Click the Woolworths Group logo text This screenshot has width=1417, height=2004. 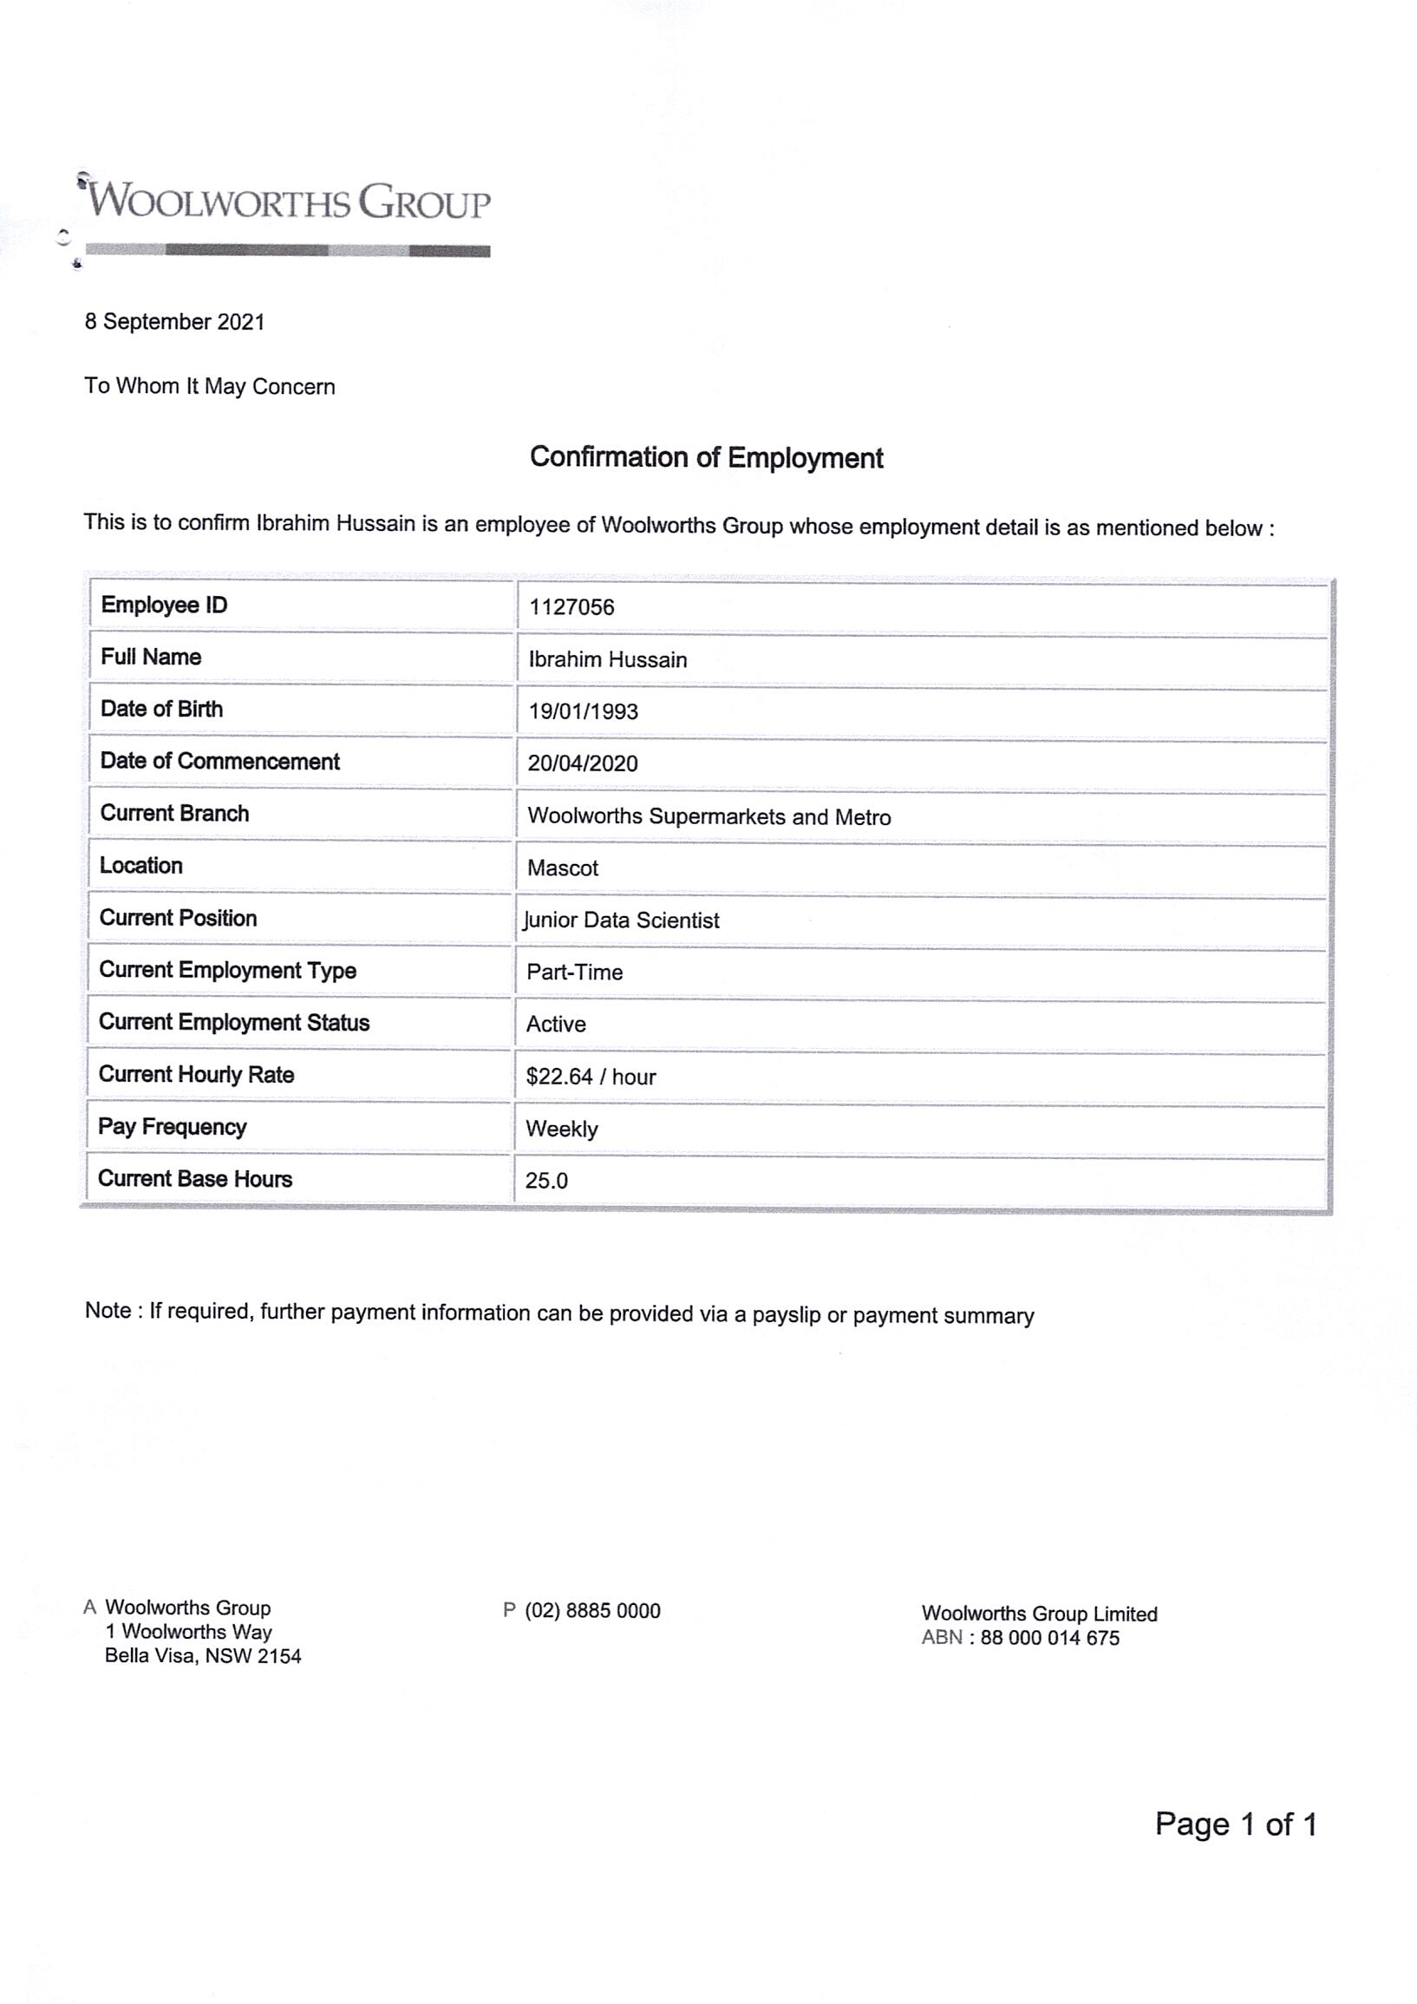[290, 201]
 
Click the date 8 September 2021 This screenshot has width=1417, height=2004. [174, 322]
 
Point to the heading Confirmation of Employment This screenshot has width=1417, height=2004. [707, 457]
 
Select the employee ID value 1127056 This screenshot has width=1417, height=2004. [571, 607]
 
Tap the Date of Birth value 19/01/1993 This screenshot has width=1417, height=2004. [583, 711]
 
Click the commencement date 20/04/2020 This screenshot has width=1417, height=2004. [583, 763]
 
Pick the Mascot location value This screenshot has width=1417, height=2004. [563, 868]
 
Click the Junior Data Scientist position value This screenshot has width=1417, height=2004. [621, 920]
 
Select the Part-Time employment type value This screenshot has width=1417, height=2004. [574, 973]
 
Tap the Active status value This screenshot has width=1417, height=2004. [556, 1025]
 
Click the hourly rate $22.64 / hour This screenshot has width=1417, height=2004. [591, 1077]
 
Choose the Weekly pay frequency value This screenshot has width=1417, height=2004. [562, 1130]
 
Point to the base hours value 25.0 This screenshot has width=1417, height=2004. [546, 1181]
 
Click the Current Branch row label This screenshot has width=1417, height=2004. [174, 814]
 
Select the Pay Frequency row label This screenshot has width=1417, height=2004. [172, 1127]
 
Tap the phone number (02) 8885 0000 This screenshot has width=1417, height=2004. [592, 1611]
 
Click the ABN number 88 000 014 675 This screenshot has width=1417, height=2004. [1049, 1638]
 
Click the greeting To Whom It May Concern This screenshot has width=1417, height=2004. [209, 387]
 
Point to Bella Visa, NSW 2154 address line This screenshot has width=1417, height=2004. [202, 1657]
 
